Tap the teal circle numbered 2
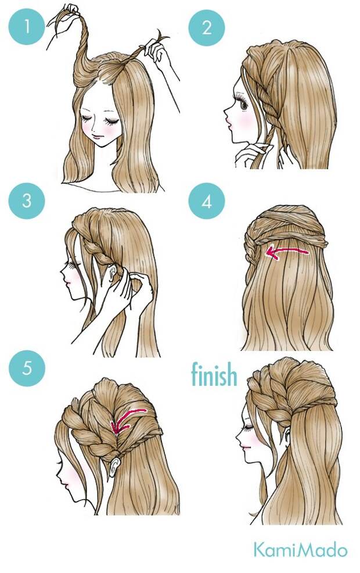click(x=206, y=28)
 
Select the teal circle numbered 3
click(x=27, y=201)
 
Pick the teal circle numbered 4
click(x=206, y=201)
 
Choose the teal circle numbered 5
click(x=27, y=368)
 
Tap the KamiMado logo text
click(x=300, y=550)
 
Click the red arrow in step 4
click(x=287, y=252)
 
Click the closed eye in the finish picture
click(x=249, y=427)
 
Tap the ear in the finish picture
click(x=287, y=438)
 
